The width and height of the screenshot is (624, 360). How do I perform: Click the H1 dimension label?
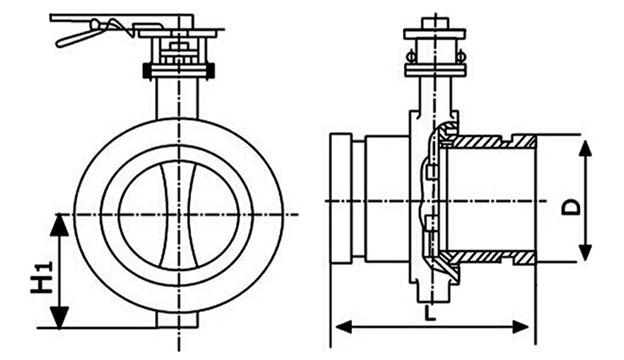[42, 277]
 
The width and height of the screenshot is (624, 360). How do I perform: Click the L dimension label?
[429, 313]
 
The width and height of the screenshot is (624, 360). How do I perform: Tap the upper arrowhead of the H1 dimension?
[59, 225]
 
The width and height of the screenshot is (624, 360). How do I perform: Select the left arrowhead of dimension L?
[344, 328]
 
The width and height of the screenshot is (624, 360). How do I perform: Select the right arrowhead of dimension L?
[520, 328]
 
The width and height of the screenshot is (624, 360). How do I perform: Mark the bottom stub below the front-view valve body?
[177, 320]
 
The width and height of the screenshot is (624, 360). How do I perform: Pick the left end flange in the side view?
[341, 199]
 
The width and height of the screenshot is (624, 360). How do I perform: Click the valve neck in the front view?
[177, 98]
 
